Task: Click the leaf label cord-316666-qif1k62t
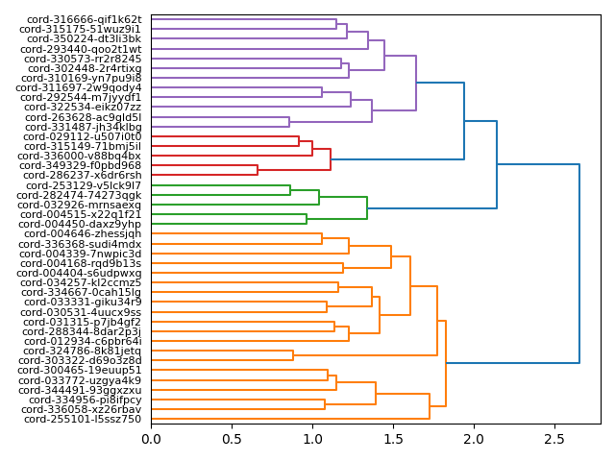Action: point(81,19)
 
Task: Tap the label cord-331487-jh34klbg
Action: point(83,127)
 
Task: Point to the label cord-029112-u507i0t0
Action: point(81,137)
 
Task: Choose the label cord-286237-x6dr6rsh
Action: point(83,176)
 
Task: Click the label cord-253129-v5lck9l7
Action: point(83,185)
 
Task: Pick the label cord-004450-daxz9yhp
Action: point(82,225)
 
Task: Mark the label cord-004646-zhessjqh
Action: point(82,234)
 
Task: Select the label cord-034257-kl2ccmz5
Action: point(81,283)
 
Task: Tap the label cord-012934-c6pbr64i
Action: point(82,342)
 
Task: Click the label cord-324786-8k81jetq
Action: point(82,352)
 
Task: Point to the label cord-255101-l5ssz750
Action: point(83,420)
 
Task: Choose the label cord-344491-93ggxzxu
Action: point(81,391)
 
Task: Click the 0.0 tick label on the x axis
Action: point(152,440)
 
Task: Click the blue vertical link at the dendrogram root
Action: point(579,264)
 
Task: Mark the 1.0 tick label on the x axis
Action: point(312,440)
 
